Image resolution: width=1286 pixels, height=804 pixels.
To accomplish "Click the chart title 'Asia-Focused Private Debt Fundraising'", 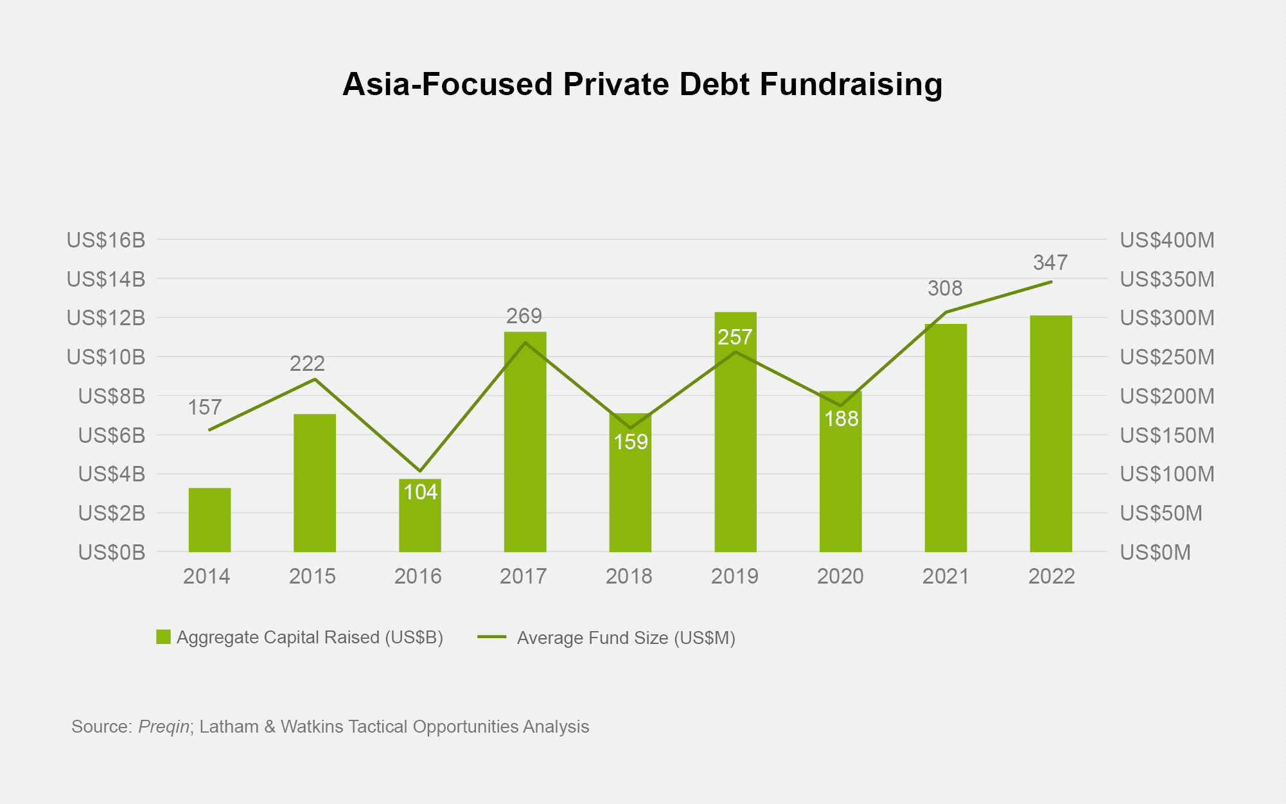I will [642, 84].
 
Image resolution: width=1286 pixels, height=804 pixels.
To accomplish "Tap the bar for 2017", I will [525, 450].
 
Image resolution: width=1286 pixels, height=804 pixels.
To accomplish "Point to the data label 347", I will [1050, 263].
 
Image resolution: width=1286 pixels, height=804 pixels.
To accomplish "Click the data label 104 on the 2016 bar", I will [421, 492].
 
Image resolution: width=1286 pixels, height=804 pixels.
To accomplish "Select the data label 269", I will [524, 316].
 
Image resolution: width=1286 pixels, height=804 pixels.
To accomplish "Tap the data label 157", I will [205, 407].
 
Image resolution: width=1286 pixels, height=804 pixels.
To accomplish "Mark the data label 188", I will [841, 419].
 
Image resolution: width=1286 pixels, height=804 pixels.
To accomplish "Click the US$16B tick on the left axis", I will [106, 240].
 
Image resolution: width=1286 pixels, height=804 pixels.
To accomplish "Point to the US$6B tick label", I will [112, 436].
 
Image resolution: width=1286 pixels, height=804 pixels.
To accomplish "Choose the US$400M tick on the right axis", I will [1167, 240].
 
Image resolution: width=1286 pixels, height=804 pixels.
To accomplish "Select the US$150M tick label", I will [1167, 436].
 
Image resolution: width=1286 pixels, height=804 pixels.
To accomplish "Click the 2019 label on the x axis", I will [735, 576].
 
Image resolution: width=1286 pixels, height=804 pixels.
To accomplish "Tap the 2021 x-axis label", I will [946, 576].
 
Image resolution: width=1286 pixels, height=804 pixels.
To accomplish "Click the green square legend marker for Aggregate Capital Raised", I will [163, 637].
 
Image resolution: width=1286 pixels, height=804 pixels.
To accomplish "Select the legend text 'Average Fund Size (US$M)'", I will [626, 638].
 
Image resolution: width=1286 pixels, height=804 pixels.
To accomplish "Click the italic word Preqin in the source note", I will [164, 727].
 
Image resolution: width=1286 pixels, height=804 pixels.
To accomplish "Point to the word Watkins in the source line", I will [312, 727].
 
